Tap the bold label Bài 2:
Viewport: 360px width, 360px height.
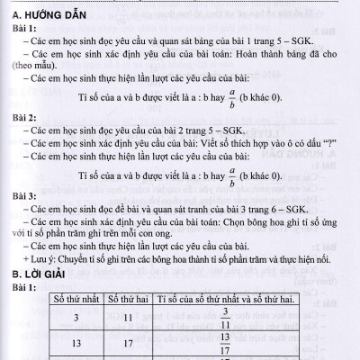click(26, 118)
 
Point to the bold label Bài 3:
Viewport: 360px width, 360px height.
click(26, 193)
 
